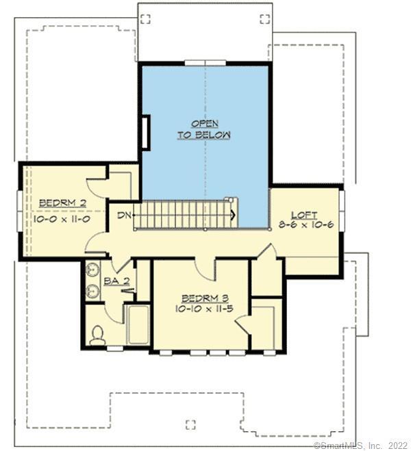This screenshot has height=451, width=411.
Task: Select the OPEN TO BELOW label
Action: [x=204, y=129]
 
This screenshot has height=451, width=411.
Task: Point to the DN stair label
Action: [x=123, y=216]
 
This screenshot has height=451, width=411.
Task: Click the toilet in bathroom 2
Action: [x=98, y=334]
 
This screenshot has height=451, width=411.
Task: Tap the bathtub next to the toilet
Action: [x=138, y=326]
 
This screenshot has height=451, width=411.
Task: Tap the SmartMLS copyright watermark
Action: [x=362, y=446]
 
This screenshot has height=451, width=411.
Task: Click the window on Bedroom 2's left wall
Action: [x=20, y=211]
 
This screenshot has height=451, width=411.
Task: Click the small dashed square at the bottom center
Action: [x=191, y=423]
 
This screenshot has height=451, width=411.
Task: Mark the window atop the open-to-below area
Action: [x=205, y=63]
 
